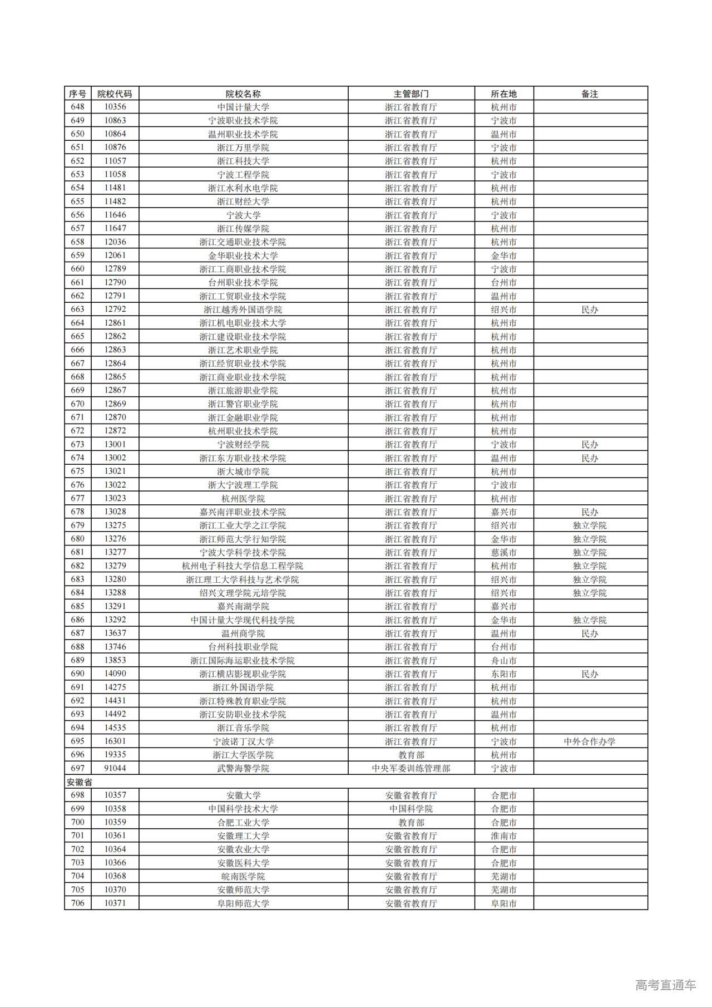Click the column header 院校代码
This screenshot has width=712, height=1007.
115,94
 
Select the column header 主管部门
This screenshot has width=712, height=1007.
411,94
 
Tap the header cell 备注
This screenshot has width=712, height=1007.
590,94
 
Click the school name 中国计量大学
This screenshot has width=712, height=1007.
243,107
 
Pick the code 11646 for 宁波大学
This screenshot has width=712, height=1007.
115,215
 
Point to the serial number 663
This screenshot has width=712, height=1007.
77,310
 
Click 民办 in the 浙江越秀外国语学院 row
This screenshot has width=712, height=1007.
590,310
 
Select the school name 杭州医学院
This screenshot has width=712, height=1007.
243,498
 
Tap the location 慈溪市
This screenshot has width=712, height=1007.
503,552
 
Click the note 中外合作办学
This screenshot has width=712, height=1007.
590,741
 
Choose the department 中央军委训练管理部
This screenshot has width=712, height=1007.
411,768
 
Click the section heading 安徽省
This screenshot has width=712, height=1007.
80,782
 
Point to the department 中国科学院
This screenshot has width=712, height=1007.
411,809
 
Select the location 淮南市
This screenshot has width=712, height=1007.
503,836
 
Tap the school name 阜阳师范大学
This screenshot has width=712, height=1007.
243,903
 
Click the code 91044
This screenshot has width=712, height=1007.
115,768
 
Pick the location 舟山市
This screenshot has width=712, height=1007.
503,660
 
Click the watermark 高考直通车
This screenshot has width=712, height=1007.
665,985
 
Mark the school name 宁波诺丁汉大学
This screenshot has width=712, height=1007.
243,741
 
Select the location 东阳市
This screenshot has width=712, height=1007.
503,674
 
